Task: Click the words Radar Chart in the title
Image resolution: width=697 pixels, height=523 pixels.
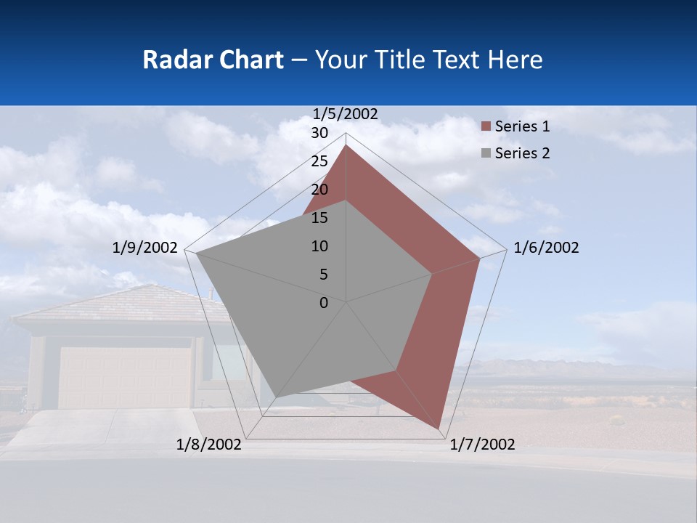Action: point(213,60)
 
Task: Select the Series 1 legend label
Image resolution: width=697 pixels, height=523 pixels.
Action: point(522,126)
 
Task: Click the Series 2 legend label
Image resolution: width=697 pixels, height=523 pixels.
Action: point(522,153)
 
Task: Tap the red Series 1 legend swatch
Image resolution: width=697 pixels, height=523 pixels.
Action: point(486,127)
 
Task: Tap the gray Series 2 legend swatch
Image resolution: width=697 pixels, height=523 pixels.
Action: point(486,154)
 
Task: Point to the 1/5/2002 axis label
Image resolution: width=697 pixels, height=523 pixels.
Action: point(346,114)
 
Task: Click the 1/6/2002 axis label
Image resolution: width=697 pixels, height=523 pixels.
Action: point(546,248)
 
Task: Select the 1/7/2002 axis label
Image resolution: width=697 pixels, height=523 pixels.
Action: point(482,445)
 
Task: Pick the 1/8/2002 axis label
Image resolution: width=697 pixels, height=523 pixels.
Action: point(209,445)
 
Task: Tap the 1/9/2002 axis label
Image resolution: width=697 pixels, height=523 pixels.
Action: point(145,248)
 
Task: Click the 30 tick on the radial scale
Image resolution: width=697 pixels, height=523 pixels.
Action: point(319,133)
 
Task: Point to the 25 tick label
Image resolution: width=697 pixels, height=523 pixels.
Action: point(319,161)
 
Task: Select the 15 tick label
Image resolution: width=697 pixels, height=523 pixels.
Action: point(319,218)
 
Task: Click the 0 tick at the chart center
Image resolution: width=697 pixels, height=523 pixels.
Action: point(324,303)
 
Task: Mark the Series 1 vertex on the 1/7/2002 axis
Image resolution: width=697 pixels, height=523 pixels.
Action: point(439,429)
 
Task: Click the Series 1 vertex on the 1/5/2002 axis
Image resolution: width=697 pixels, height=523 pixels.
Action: point(346,145)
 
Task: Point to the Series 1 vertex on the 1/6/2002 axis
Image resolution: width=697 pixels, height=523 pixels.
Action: point(480,258)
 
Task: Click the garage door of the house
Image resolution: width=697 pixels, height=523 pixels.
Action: point(125,377)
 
